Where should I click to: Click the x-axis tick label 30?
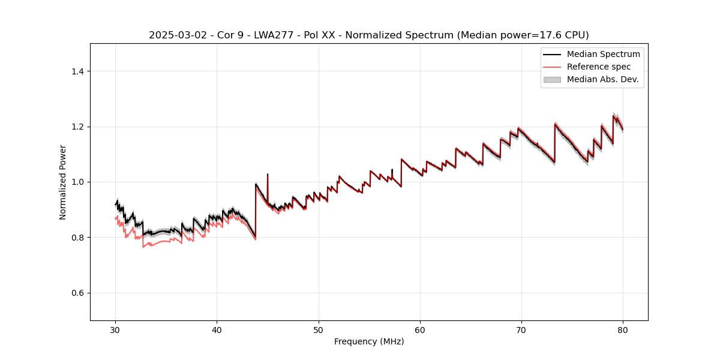point(116,330)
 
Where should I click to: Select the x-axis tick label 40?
point(217,330)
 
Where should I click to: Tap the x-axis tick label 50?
point(319,330)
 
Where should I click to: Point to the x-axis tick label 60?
point(420,330)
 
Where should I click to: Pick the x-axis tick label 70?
point(521,330)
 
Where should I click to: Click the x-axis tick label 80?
point(623,330)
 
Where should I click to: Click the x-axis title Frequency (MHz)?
point(369,341)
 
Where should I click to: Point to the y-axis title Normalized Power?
point(63,182)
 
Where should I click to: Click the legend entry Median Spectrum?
point(603,54)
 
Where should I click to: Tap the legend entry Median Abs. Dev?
point(602,79)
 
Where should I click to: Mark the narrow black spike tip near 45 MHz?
point(268,175)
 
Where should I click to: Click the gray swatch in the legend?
point(552,79)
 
